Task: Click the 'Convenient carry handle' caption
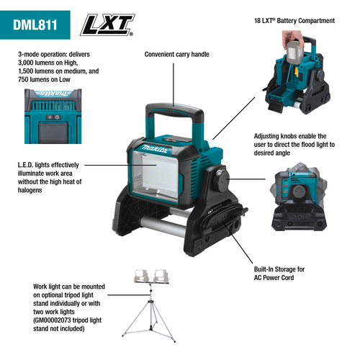pos(176,55)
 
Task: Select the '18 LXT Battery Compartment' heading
pos(294,22)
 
